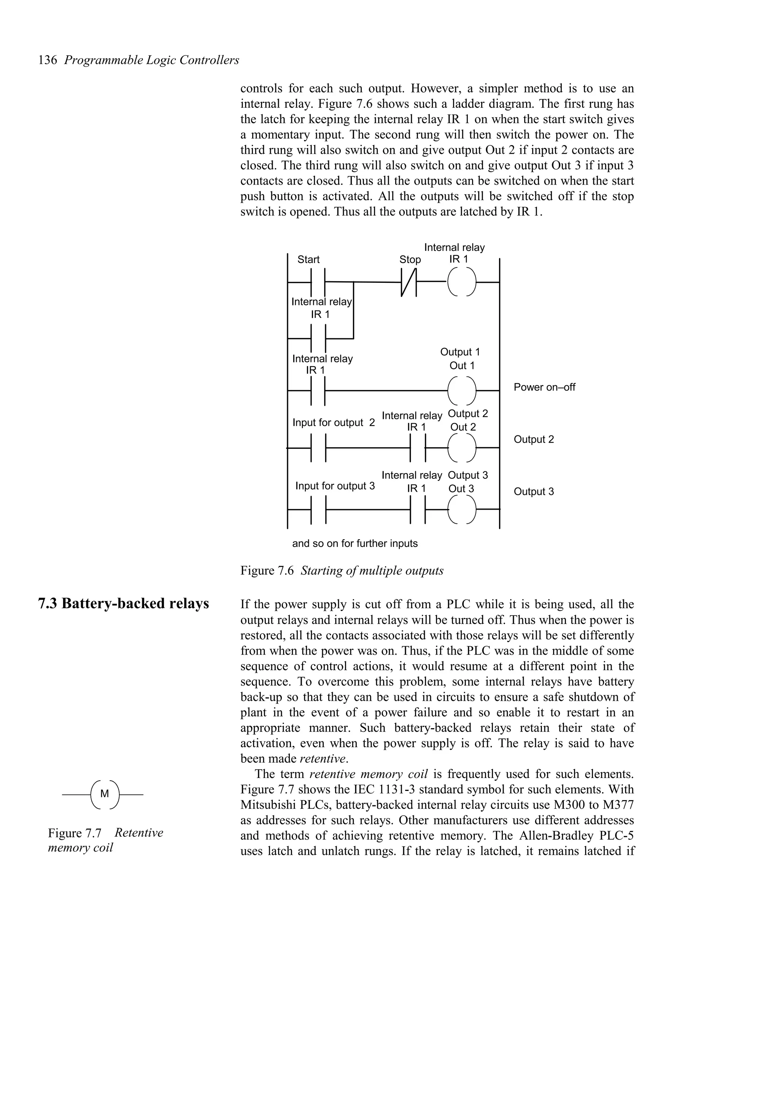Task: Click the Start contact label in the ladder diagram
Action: click(308, 260)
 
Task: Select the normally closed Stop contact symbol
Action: click(409, 282)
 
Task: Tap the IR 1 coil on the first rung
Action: click(462, 282)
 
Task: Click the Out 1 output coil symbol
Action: click(462, 391)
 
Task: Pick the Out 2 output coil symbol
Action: click(462, 448)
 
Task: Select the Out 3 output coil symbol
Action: click(462, 509)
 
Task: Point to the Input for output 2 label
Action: click(334, 423)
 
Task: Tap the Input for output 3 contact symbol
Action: click(319, 509)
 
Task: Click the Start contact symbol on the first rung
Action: click(319, 282)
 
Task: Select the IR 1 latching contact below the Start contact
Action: click(319, 339)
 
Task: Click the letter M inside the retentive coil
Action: click(104, 794)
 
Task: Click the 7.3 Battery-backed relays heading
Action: click(123, 604)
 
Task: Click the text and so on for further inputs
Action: click(355, 544)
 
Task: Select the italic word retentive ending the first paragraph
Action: click(323, 759)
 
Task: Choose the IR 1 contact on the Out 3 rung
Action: click(418, 509)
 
